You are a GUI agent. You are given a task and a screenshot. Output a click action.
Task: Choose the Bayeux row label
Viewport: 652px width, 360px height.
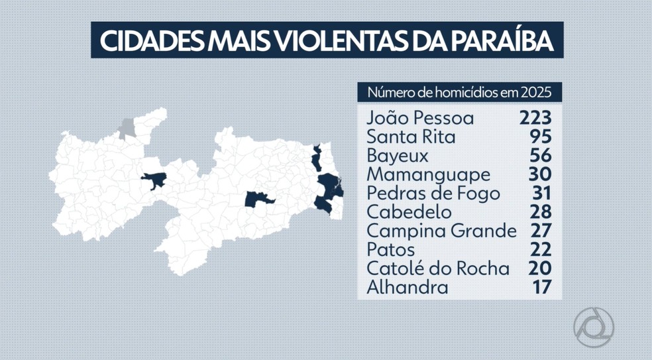click(x=397, y=156)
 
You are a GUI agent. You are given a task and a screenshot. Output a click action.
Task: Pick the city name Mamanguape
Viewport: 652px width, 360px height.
click(x=428, y=175)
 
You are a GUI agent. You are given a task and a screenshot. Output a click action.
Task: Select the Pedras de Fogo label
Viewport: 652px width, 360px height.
click(x=433, y=194)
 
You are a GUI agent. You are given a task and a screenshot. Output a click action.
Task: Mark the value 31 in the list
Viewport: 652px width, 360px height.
click(x=541, y=194)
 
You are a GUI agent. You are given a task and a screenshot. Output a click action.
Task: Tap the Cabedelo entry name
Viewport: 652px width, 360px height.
click(x=409, y=213)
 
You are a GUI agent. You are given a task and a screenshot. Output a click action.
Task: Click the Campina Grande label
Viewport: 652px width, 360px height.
click(x=441, y=231)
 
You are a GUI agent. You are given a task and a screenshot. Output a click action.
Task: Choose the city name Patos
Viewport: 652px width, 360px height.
click(x=390, y=250)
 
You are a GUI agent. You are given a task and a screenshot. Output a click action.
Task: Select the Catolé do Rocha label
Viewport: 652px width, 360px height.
click(x=438, y=269)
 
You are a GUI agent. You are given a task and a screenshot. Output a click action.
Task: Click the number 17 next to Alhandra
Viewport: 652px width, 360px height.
click(x=542, y=288)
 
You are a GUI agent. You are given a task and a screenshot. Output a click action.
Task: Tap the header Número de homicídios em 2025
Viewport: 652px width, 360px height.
click(x=459, y=92)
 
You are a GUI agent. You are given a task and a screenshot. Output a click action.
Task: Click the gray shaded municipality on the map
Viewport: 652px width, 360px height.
click(x=127, y=128)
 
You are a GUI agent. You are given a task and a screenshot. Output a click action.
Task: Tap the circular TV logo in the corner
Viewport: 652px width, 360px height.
click(x=594, y=327)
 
